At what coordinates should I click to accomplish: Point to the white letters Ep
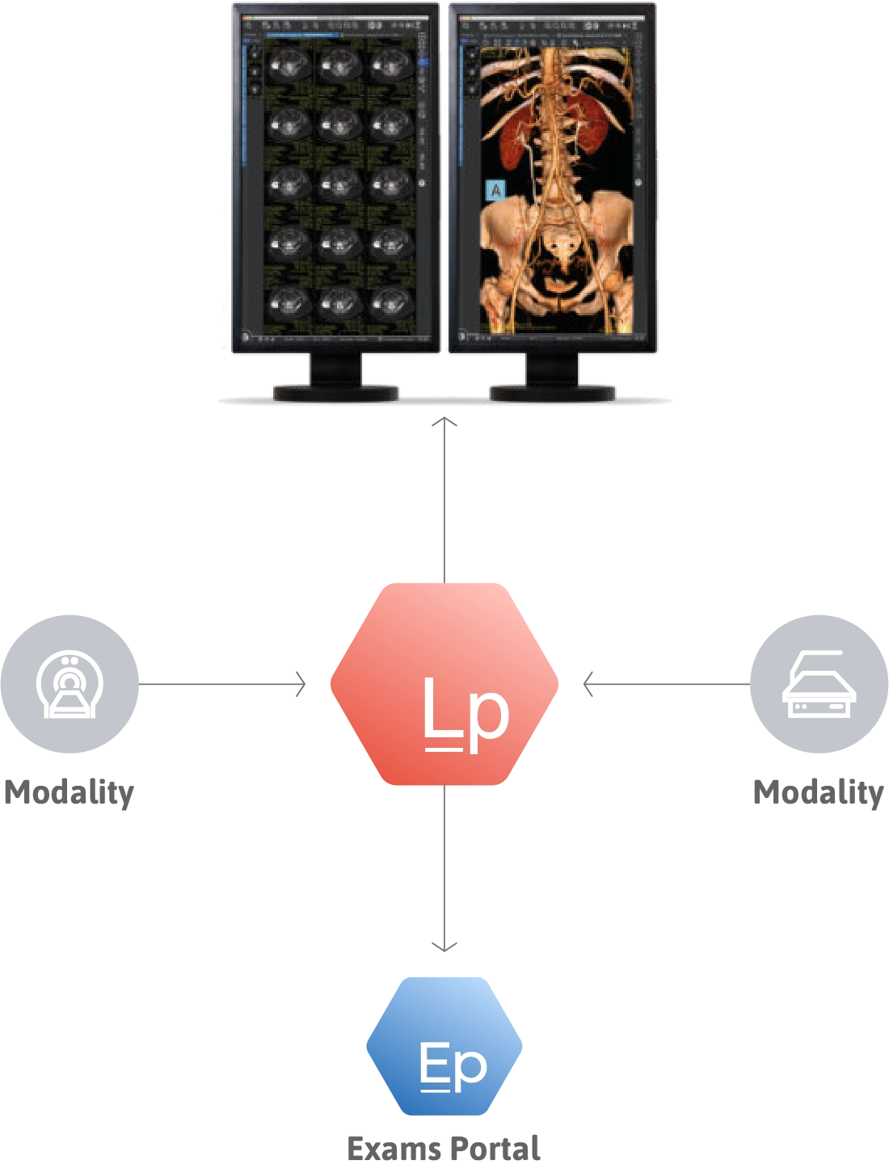coord(453,1066)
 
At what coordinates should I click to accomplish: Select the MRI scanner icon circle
coord(70,685)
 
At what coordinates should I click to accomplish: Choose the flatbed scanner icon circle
coord(819,685)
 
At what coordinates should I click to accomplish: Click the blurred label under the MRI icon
coord(68,793)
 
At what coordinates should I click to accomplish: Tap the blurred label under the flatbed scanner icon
coord(818,793)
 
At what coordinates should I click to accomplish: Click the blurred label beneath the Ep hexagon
coord(443,1147)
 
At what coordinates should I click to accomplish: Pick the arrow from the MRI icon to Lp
coord(222,683)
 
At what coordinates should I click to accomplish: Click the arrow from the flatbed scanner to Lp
coord(667,683)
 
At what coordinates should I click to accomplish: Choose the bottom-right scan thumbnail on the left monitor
coord(391,302)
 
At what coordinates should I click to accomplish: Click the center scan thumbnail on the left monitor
coord(339,184)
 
